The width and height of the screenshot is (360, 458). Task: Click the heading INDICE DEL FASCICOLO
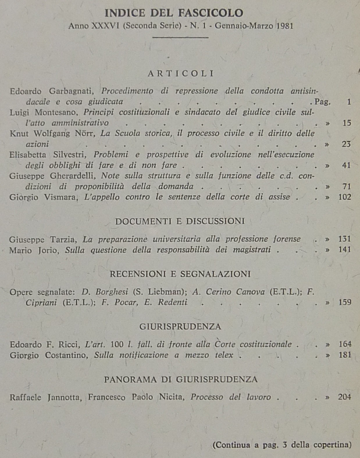click(174, 13)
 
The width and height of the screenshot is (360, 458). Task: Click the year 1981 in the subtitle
click(285, 26)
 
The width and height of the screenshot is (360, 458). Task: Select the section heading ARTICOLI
click(180, 73)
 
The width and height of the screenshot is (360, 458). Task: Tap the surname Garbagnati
click(71, 91)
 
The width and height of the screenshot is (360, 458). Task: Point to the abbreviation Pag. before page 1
click(322, 102)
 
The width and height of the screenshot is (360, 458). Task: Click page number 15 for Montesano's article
click(347, 123)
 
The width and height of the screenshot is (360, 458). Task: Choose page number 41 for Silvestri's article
click(346, 166)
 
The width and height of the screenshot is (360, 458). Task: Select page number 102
click(345, 197)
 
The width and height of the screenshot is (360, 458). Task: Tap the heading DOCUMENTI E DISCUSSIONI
click(180, 221)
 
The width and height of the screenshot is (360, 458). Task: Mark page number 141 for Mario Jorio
click(345, 250)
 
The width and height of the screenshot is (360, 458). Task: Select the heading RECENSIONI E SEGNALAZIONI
click(180, 274)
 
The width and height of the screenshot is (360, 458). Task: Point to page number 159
click(345, 302)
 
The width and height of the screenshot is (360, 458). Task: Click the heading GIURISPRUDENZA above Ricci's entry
click(180, 327)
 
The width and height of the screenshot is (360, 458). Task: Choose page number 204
click(345, 397)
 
